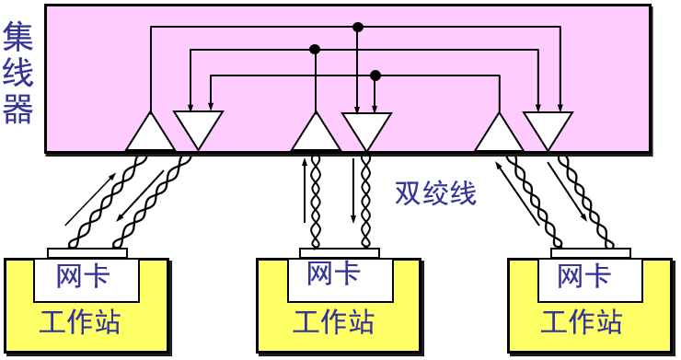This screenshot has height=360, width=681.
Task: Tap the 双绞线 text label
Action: pyautogui.click(x=435, y=192)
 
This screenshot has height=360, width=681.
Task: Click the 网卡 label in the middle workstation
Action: pyautogui.click(x=333, y=273)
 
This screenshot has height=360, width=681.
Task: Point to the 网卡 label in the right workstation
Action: pyautogui.click(x=584, y=275)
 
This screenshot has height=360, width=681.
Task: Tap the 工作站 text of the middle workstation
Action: pyautogui.click(x=333, y=323)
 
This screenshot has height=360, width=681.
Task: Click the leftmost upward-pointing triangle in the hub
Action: pyautogui.click(x=150, y=134)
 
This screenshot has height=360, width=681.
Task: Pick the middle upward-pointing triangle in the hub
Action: pyautogui.click(x=316, y=134)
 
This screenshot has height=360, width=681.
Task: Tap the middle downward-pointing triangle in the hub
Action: pyautogui.click(x=366, y=128)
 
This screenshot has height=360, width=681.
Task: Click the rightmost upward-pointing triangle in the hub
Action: pyautogui.click(x=500, y=134)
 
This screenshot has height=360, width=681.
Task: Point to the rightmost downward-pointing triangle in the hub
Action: pyautogui.click(x=548, y=128)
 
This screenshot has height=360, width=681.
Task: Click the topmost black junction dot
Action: pyautogui.click(x=358, y=28)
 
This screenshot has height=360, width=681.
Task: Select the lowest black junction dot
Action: pyautogui.click(x=375, y=75)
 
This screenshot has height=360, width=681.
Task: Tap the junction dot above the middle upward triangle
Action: pyautogui.click(x=315, y=49)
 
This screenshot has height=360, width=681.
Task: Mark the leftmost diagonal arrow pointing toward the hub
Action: pyautogui.click(x=91, y=198)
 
